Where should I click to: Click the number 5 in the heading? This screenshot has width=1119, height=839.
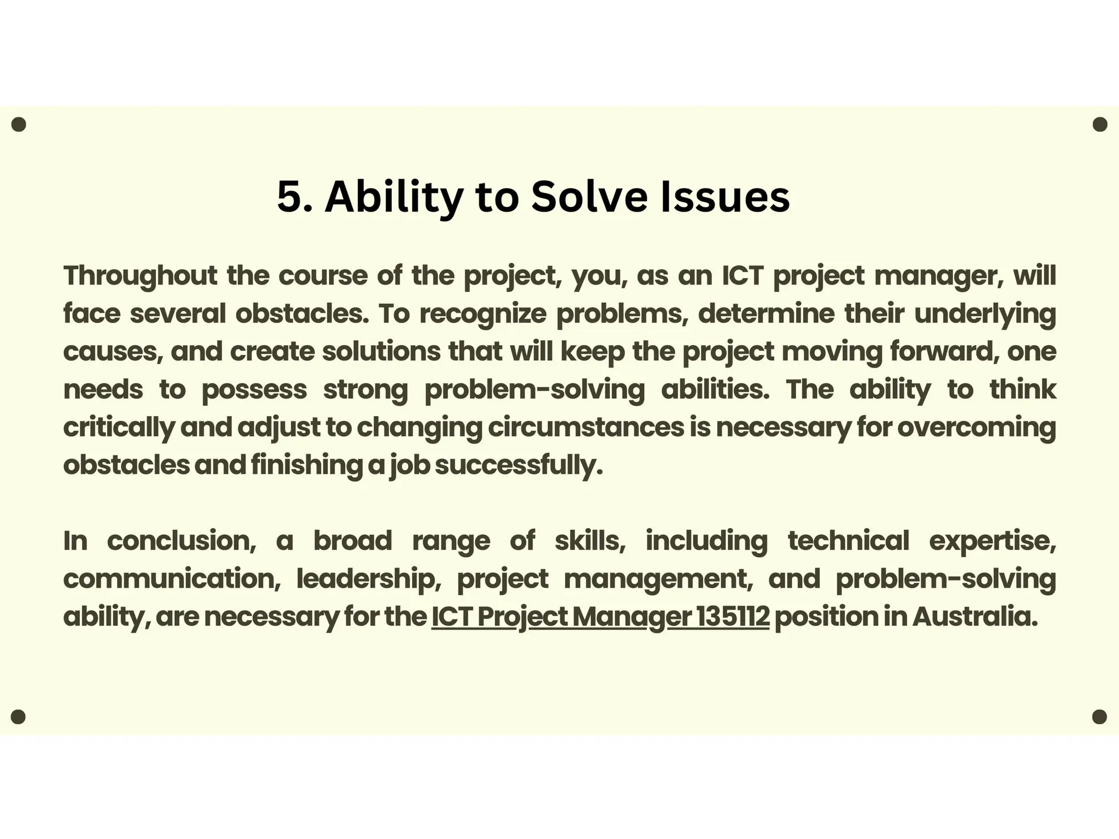(289, 197)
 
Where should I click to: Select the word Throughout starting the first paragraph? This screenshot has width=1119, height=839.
(140, 276)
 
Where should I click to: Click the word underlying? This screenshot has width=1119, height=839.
(985, 314)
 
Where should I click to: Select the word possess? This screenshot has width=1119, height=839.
(254, 390)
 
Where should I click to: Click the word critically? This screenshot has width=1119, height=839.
(119, 428)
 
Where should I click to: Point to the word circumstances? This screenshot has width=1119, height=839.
(586, 427)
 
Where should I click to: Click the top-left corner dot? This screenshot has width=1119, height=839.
(19, 125)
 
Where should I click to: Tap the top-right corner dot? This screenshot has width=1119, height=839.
(1100, 125)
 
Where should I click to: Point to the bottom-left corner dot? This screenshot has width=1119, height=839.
(19, 717)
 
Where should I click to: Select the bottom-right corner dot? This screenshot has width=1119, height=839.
(1099, 717)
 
